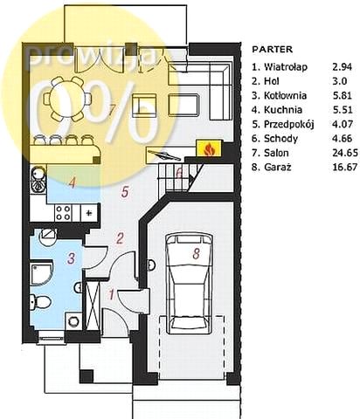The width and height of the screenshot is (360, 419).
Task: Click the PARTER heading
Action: click(272, 49)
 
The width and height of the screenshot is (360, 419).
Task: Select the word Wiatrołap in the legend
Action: click(286, 67)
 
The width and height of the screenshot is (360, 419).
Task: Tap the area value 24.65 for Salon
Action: click(345, 153)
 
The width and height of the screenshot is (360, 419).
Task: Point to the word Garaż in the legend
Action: click(277, 167)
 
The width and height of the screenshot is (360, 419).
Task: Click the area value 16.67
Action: click(345, 167)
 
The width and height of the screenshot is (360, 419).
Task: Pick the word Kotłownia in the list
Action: click(285, 95)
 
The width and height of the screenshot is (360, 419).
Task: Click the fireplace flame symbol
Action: click(209, 149)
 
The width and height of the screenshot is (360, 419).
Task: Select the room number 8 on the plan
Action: click(197, 253)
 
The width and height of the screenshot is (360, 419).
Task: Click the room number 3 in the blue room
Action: click(71, 258)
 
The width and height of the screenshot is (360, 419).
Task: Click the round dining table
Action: click(67, 99)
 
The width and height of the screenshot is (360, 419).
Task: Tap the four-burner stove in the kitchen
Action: click(63, 213)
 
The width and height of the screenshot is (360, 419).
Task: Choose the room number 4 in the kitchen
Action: click(72, 182)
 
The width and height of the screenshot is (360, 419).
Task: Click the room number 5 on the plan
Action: click(125, 192)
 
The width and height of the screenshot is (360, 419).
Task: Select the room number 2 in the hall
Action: click(120, 238)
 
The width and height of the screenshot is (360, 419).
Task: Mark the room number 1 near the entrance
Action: click(112, 294)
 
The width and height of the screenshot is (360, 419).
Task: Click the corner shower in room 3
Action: click(40, 273)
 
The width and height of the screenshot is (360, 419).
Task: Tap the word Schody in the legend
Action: click(280, 139)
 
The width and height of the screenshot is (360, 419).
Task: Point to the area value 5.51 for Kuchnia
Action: click(343, 110)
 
